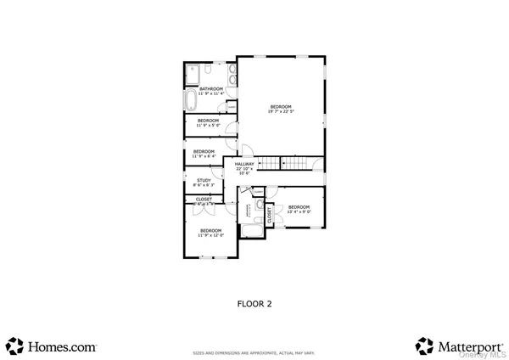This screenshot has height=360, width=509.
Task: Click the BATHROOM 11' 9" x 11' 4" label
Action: coord(210,91)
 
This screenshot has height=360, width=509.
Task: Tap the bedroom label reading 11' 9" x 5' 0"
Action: coord(209,123)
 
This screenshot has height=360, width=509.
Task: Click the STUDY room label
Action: coord(204,182)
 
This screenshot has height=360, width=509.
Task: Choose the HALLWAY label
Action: coord(245,166)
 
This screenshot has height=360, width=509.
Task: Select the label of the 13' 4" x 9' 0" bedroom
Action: coord(299,210)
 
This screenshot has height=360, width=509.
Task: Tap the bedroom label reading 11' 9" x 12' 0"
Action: coord(210,233)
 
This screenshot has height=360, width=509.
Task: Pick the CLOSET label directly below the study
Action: coord(204,201)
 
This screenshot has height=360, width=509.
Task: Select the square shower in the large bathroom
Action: coord(193,73)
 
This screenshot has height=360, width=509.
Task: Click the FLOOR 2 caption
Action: coord(254,302)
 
